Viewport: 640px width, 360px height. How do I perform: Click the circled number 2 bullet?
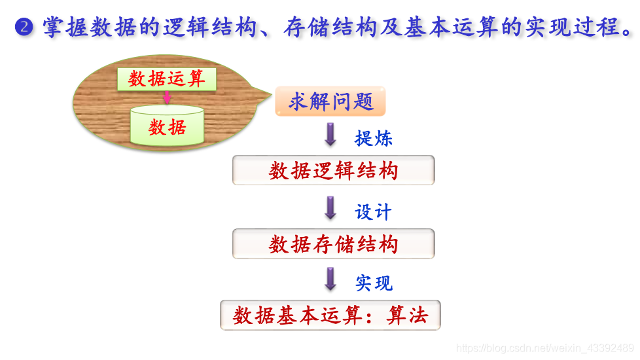pos(24,27)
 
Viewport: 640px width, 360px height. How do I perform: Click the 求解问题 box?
pos(330,101)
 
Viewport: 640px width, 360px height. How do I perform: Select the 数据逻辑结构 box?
pos(333,171)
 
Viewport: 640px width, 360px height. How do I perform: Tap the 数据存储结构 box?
pos(333,244)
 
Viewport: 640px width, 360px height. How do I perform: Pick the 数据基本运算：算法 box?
pos(330,315)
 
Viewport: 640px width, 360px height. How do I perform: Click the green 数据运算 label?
pos(167,79)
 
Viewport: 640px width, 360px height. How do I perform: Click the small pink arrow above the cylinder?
pos(167,98)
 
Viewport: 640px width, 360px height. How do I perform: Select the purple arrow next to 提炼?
pos(330,134)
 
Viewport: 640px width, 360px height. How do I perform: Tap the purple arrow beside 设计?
pos(330,208)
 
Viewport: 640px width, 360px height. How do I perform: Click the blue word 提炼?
pos(373,138)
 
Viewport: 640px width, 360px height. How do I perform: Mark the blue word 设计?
pos(373,211)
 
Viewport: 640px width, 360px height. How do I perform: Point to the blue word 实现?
pos(374,283)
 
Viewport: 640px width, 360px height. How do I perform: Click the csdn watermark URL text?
pos(544,348)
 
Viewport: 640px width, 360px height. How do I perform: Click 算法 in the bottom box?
pos(407,315)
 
